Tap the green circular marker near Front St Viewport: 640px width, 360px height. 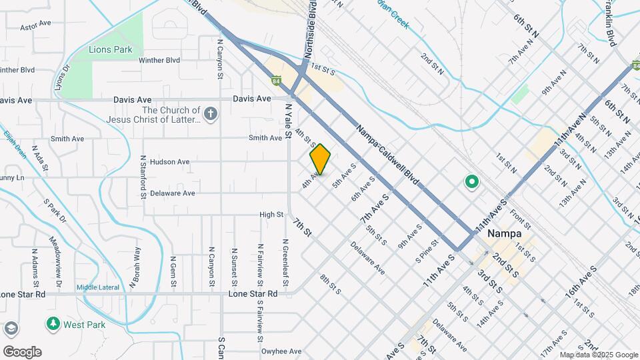coord(472,181)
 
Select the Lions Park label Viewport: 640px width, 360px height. coord(111,49)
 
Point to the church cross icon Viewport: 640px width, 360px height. coord(211,113)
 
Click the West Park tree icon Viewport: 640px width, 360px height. coord(53,324)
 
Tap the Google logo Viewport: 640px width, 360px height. coord(21,351)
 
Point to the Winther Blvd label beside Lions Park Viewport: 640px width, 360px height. coord(159,60)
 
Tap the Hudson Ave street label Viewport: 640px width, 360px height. coord(170,162)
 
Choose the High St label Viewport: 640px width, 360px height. coord(271,215)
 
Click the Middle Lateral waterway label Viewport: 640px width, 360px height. coord(97,287)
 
